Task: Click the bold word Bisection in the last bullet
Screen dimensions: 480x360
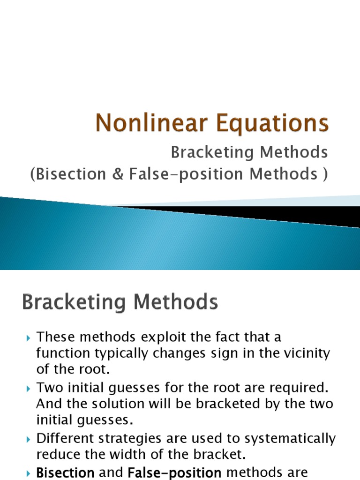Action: pyautogui.click(x=65, y=472)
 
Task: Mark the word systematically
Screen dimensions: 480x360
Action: pyautogui.click(x=287, y=439)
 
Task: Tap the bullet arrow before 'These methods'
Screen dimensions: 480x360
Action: pyautogui.click(x=28, y=337)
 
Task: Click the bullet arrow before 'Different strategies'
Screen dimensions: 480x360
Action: pyautogui.click(x=28, y=439)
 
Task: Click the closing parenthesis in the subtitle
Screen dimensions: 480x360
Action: pyautogui.click(x=325, y=174)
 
